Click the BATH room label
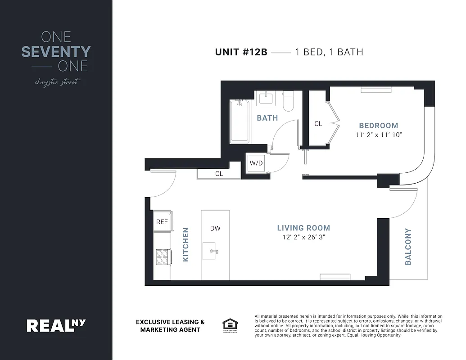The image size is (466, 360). point(267,118)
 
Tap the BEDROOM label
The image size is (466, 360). point(378,126)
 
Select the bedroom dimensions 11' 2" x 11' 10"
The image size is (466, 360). point(378,135)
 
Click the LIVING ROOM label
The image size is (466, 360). point(303,228)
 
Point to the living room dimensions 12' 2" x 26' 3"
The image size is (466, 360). point(303,237)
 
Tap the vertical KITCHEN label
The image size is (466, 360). point(185,244)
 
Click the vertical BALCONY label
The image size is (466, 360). point(408,246)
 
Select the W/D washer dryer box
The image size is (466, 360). point(256,163)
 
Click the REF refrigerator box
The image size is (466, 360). point(162,222)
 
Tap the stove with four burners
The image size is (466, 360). point(163,257)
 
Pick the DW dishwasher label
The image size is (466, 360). point(215,228)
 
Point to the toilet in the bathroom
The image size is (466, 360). point(288,101)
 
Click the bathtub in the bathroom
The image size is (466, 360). point(239,121)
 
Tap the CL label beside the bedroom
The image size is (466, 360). point(318,124)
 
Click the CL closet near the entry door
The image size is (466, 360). point(219,173)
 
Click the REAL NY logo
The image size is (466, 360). point(56,325)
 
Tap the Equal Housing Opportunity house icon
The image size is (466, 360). point(230,324)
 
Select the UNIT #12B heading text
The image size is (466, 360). point(241,52)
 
